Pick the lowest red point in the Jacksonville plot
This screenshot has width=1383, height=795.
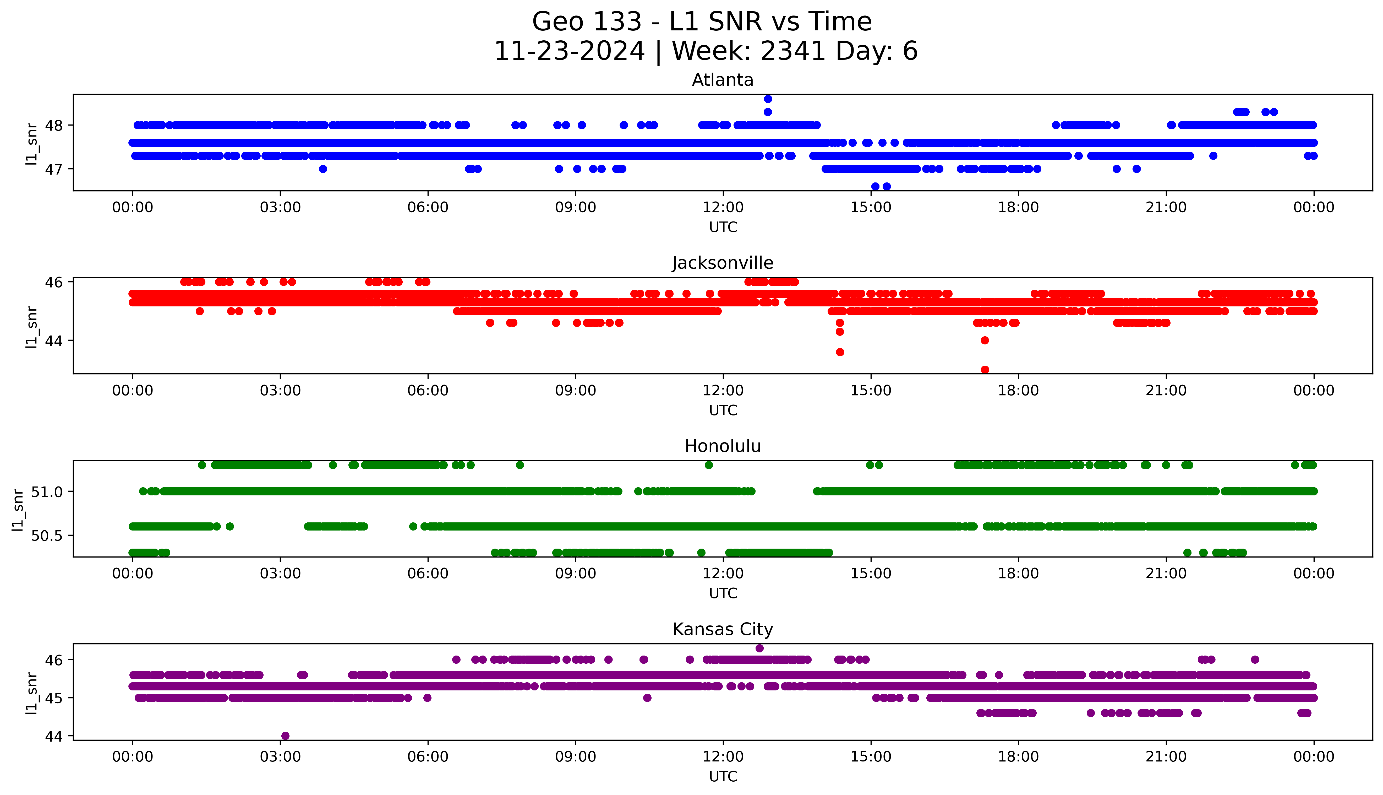coord(985,370)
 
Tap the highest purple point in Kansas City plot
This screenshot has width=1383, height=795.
coord(759,648)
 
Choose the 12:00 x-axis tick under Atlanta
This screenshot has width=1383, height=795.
coord(723,208)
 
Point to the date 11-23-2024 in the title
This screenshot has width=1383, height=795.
coord(569,51)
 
